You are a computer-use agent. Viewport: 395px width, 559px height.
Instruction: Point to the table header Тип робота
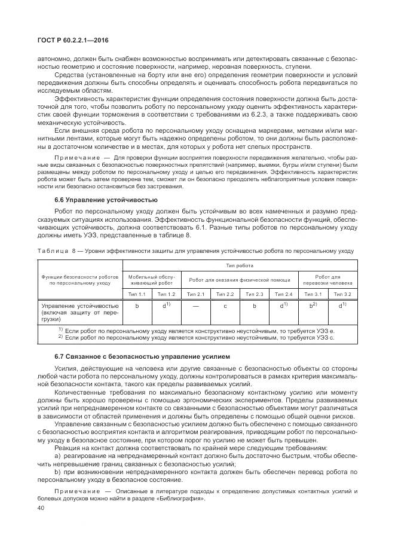coord(240,264)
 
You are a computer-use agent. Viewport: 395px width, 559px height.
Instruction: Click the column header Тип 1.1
coord(137,294)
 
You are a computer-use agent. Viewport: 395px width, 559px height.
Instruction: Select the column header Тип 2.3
coord(254,294)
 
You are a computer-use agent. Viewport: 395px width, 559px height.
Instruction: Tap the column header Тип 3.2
coord(342,294)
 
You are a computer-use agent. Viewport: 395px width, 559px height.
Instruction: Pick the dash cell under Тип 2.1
coord(196,306)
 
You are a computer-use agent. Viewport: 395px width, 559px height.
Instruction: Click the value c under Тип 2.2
coord(225,306)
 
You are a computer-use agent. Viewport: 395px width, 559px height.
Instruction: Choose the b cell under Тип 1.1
coord(137,306)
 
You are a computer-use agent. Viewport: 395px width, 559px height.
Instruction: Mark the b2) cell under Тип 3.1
coord(313,306)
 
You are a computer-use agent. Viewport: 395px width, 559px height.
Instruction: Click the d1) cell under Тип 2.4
coord(283,306)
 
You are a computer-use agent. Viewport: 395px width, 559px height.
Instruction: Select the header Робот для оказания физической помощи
coord(240,279)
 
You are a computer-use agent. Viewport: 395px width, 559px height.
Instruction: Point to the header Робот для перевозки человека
coord(327,279)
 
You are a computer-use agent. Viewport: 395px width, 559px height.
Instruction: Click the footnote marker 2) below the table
coord(60,337)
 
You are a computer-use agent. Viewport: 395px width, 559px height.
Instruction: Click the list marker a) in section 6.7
coord(58,456)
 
